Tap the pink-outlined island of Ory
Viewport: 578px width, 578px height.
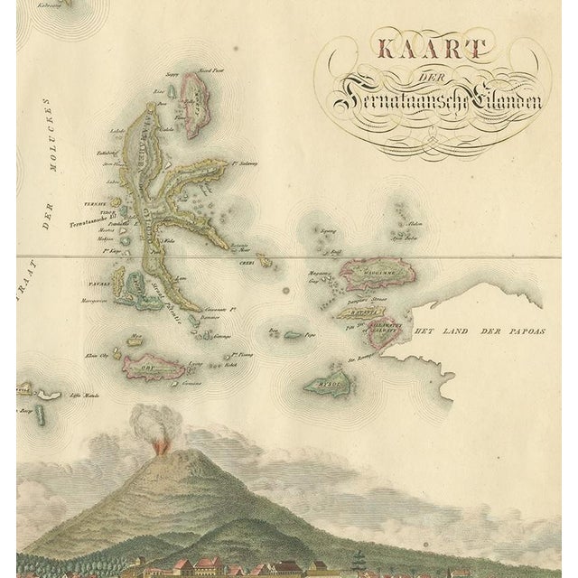click(154, 368)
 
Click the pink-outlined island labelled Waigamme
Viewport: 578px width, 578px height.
click(369, 270)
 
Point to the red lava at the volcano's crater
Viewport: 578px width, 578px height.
click(159, 446)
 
